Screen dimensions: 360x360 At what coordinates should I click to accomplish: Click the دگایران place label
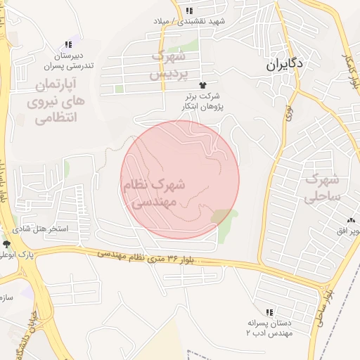pos(285,64)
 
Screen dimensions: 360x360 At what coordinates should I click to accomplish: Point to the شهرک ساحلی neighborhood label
pos(323,188)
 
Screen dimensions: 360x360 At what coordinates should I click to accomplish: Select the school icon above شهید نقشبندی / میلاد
pos(189,10)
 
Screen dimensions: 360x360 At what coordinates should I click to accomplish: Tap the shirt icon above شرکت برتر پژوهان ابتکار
pos(204,84)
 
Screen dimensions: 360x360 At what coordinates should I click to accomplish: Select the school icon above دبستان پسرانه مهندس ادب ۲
pos(269,312)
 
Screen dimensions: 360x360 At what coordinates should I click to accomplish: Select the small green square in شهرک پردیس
pos(120,89)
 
